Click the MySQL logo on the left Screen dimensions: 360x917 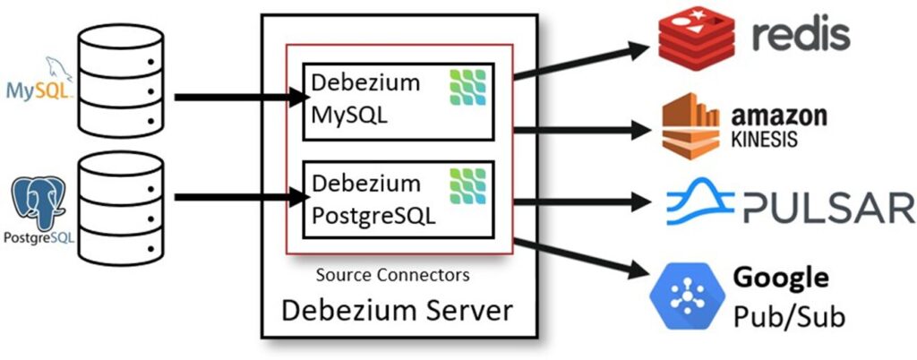tap(37, 86)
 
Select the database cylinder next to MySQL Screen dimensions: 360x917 tap(121, 81)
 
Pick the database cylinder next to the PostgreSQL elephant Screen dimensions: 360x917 tap(121, 205)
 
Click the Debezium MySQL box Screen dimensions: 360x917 tap(399, 101)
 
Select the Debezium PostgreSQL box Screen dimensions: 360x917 tap(399, 201)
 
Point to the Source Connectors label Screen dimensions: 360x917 tap(393, 274)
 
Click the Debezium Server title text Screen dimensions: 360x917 tap(398, 312)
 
